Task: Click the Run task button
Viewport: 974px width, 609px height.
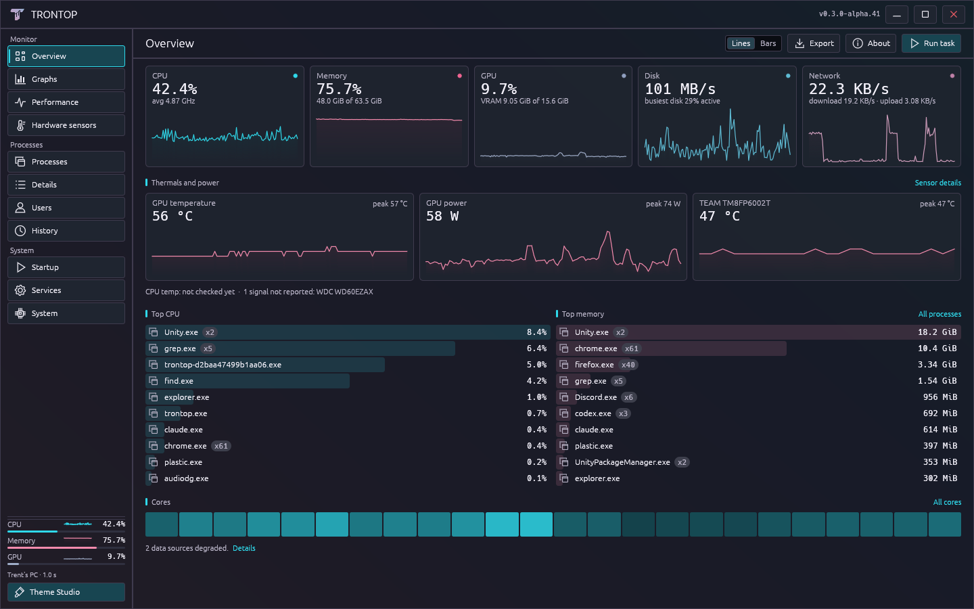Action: point(931,43)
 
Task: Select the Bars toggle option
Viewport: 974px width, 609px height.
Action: point(768,43)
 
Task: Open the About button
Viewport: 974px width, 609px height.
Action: point(871,43)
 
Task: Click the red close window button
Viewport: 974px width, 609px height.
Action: point(953,14)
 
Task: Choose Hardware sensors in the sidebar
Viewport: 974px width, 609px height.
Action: point(66,125)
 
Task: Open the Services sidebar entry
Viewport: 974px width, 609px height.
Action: point(66,290)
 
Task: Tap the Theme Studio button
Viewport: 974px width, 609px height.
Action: point(66,592)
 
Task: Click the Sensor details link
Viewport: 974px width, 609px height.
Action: point(938,183)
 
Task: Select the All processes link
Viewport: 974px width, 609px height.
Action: point(940,314)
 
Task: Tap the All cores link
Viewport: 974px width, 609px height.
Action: point(947,502)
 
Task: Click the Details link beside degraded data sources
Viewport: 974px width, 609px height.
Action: point(244,548)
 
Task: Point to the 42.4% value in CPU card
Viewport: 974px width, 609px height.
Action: point(175,89)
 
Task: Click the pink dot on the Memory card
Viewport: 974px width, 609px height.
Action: point(460,76)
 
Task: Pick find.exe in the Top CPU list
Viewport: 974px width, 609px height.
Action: point(179,381)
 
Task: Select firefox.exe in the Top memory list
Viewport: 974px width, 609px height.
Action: point(595,365)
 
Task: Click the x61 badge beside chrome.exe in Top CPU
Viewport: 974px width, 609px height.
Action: point(221,446)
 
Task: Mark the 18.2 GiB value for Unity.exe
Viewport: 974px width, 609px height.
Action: point(937,332)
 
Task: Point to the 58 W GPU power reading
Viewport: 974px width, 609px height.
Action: point(442,217)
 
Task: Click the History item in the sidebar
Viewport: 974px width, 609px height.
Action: point(66,231)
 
